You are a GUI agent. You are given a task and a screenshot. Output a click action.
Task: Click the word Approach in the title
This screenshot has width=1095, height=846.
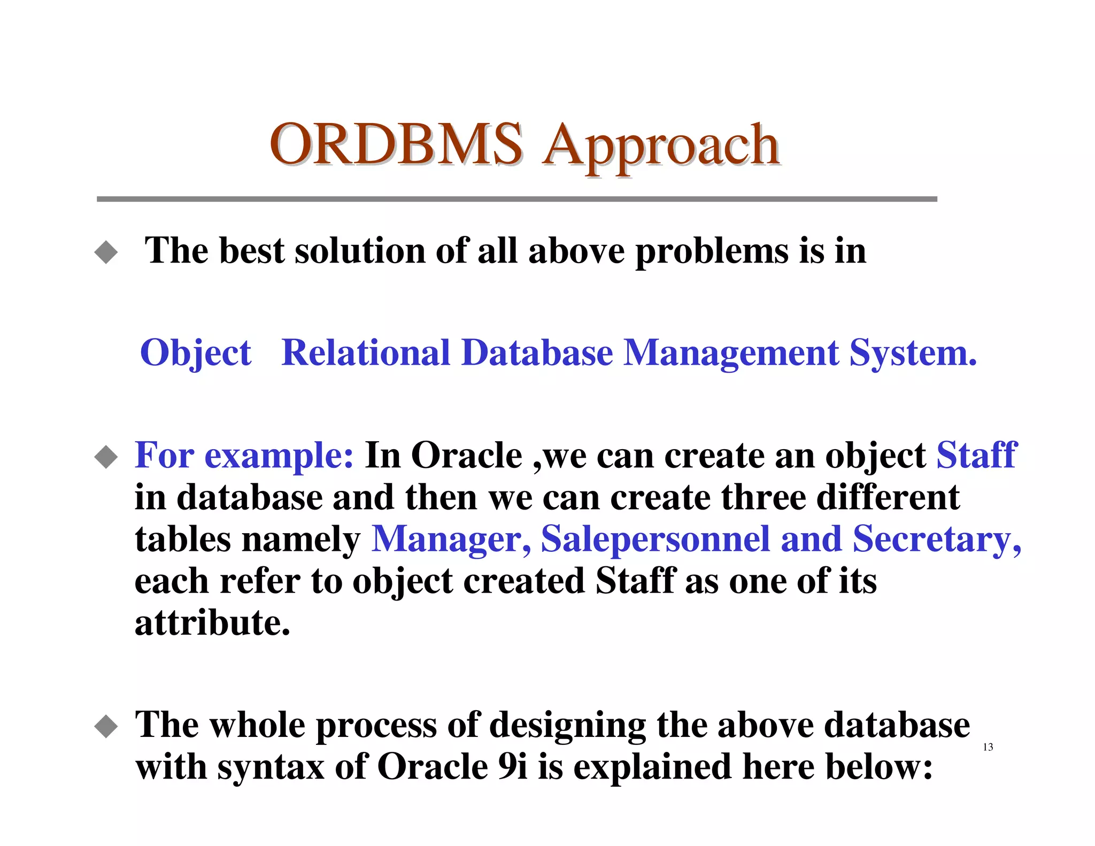661,147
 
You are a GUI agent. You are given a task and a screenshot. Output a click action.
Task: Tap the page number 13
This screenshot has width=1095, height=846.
988,747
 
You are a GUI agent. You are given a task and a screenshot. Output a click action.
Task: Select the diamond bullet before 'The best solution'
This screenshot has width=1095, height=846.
106,252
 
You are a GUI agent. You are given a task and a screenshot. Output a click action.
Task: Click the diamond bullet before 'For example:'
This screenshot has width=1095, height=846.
106,457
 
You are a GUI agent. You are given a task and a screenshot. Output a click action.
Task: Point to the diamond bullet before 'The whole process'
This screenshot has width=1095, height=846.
106,727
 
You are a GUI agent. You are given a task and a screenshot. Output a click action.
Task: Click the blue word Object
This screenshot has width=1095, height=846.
195,354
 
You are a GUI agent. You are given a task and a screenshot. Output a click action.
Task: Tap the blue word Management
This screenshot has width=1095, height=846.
731,354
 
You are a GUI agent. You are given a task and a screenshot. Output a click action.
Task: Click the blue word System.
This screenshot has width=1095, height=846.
913,354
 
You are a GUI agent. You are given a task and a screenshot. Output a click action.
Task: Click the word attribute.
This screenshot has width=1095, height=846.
212,623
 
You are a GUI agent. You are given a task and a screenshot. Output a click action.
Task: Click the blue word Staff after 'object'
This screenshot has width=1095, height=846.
976,456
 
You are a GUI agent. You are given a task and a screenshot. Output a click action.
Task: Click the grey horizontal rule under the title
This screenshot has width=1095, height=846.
516,199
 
